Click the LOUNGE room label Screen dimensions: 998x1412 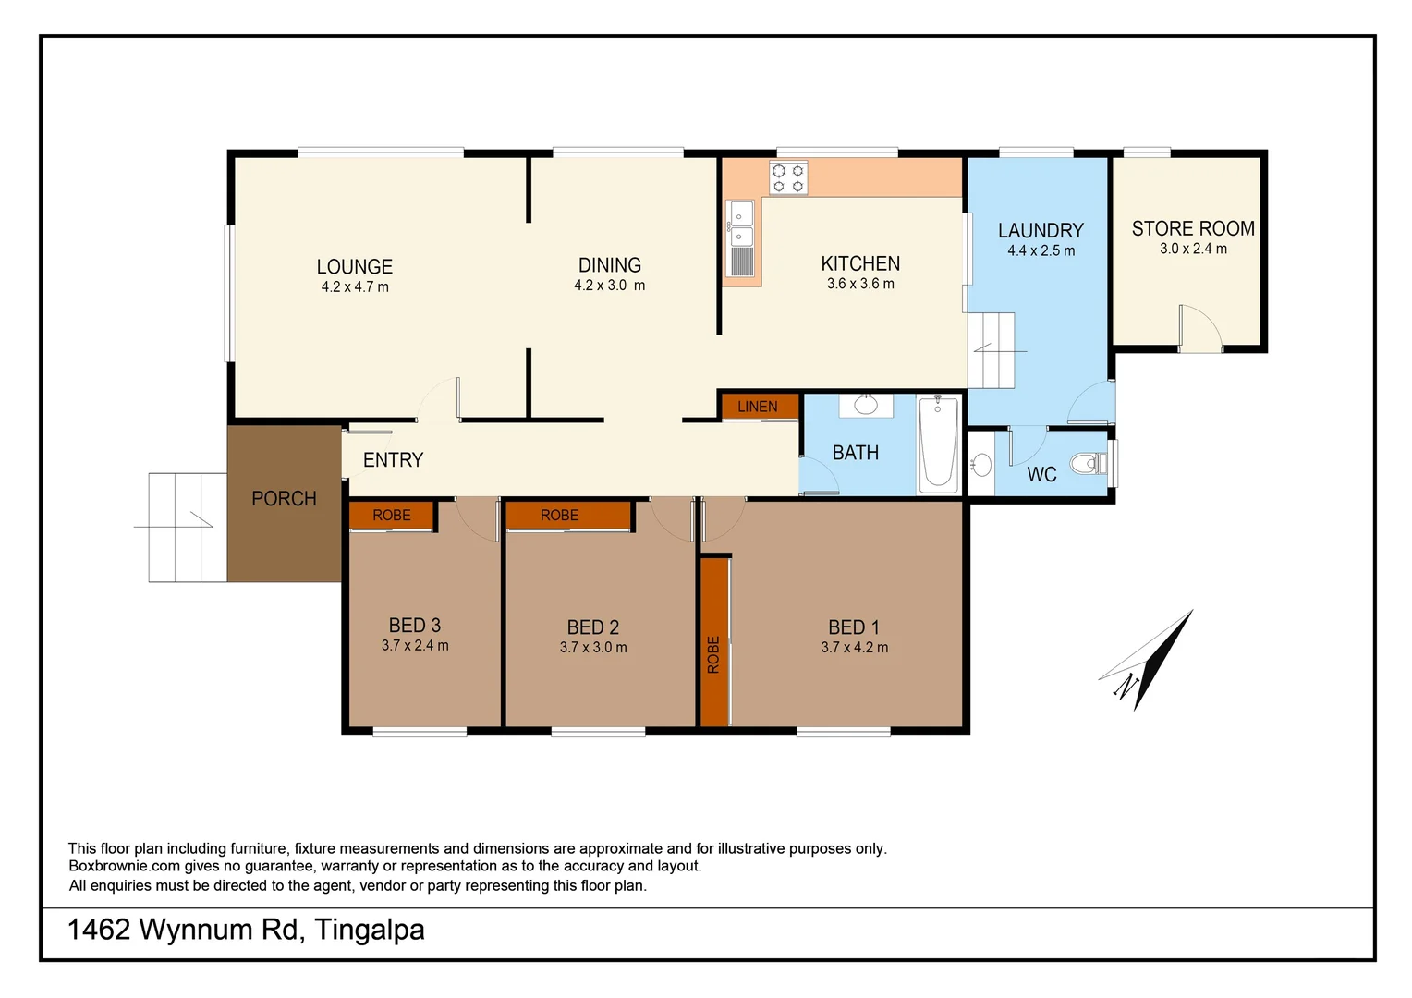355,267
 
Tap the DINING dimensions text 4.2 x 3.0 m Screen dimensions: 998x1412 609,286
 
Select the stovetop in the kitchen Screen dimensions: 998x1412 788,178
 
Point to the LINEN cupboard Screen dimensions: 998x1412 758,407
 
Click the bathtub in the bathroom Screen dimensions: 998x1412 939,443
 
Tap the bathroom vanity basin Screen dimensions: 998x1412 866,405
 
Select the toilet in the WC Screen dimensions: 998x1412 1086,463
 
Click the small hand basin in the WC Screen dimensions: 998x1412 981,464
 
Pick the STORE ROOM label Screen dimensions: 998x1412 1193,228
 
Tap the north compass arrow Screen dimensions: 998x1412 1146,662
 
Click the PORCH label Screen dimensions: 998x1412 284,499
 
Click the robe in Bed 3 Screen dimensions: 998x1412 392,516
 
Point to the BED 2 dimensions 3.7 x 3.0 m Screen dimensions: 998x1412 593,648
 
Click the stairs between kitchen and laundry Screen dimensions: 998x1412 992,351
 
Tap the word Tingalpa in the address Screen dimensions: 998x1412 370,930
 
